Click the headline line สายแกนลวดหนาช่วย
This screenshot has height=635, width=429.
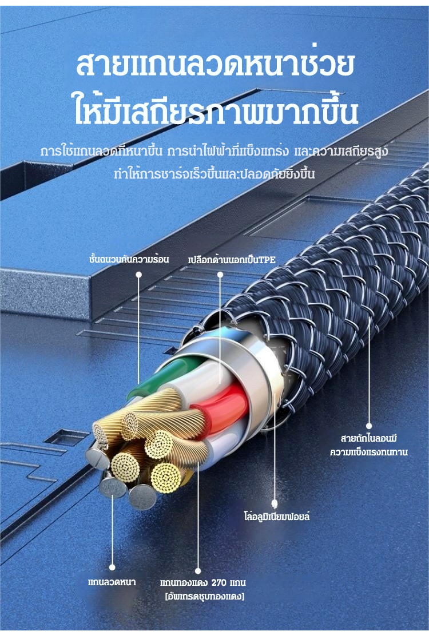[x=215, y=65]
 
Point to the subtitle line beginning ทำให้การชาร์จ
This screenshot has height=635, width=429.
[x=214, y=173]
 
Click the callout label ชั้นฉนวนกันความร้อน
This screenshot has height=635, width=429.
[x=129, y=259]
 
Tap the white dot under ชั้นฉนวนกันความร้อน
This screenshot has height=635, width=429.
[x=138, y=275]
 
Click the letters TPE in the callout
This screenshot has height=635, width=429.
[x=267, y=260]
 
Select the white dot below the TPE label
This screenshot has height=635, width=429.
[x=220, y=275]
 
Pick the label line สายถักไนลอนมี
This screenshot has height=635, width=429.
[x=368, y=438]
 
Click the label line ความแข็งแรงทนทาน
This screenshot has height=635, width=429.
[x=368, y=452]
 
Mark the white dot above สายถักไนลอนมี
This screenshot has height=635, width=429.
[x=368, y=426]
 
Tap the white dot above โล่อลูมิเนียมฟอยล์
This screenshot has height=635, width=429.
[x=274, y=503]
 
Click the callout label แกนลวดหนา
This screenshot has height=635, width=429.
[x=112, y=582]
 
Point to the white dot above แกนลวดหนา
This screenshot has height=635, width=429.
[x=112, y=567]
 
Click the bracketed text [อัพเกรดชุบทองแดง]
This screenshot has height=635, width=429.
[x=204, y=596]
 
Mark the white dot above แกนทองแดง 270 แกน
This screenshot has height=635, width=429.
[x=198, y=571]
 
